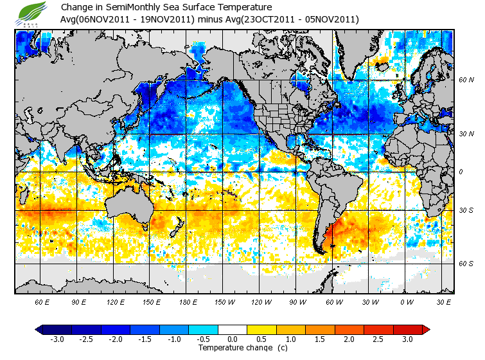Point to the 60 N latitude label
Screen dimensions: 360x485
coord(466,80)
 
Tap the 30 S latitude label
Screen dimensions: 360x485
coord(466,210)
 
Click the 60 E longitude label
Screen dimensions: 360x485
coord(42,301)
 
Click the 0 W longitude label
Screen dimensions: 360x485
coord(407,301)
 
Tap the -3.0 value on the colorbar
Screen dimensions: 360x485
coord(57,339)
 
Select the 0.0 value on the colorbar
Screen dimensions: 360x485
coord(233,339)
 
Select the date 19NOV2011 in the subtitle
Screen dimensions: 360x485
coord(170,19)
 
